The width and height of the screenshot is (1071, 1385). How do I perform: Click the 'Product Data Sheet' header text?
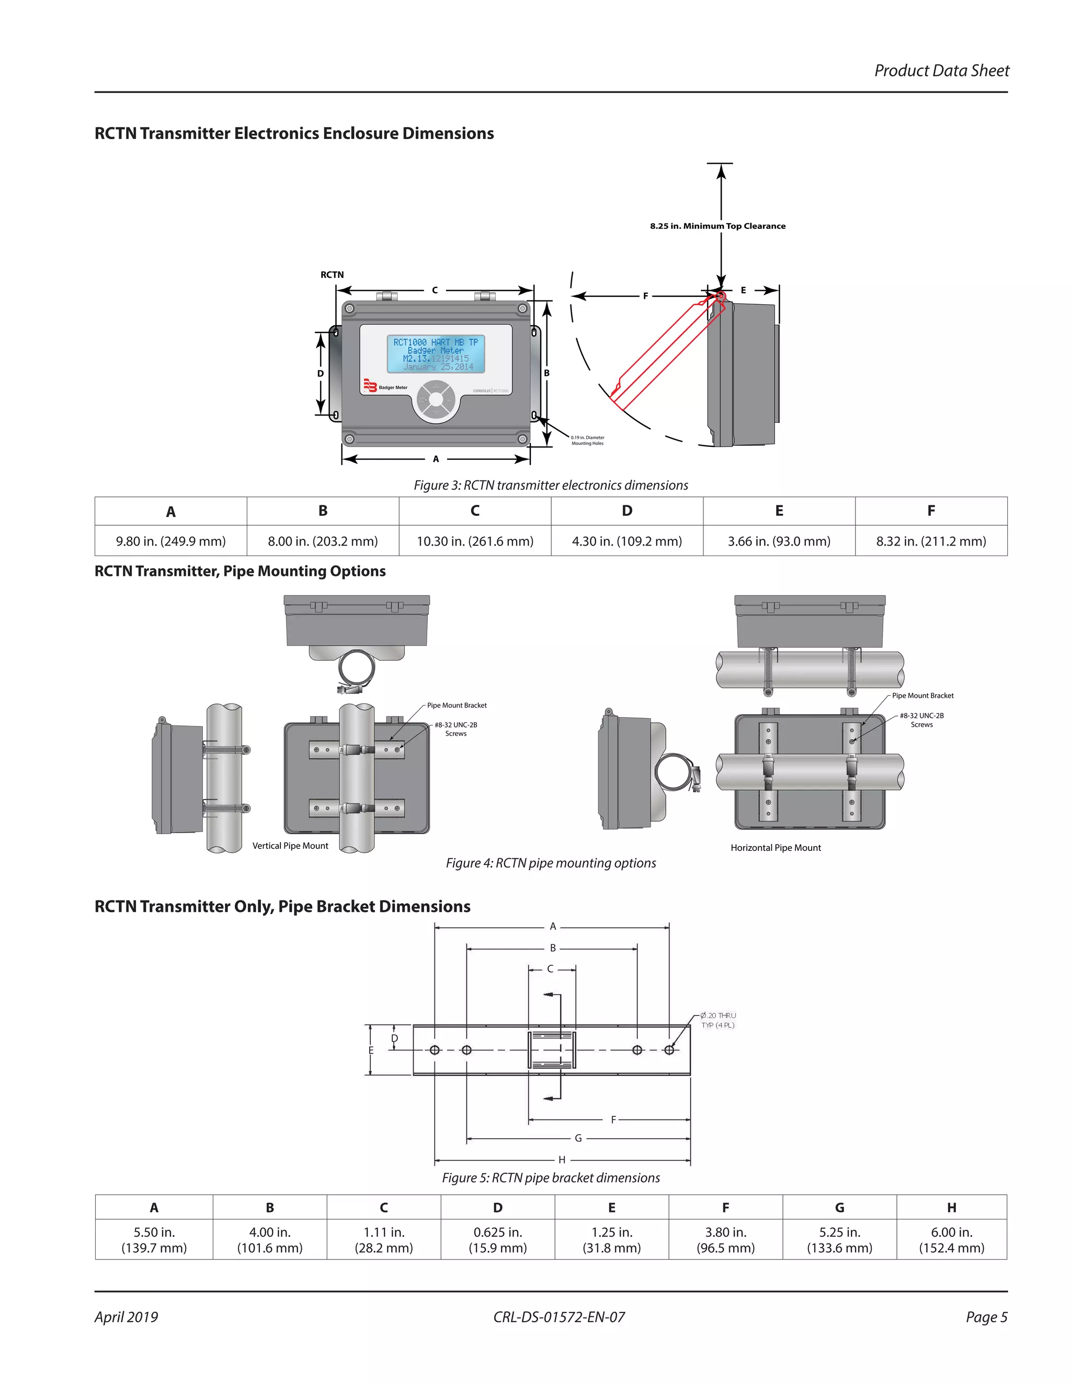pos(941,71)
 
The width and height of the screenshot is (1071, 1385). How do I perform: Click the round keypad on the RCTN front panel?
pos(435,399)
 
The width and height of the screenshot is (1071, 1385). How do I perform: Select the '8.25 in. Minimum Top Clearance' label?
pos(717,226)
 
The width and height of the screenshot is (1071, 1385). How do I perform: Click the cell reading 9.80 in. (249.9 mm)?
pos(170,541)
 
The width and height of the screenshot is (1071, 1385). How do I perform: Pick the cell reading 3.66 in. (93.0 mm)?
pos(779,541)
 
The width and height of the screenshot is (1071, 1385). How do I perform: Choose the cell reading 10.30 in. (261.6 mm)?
pos(475,541)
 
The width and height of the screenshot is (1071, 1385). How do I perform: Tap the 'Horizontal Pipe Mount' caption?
pos(776,847)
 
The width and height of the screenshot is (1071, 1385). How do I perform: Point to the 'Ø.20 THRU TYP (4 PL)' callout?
pos(717,1020)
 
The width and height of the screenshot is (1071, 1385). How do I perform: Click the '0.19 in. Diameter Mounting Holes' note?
pos(587,440)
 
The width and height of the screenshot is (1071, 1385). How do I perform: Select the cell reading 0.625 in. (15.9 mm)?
pos(497,1240)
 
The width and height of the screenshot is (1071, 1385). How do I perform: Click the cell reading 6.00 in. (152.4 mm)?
pos(951,1240)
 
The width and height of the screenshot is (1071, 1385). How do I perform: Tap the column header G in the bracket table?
pos(839,1207)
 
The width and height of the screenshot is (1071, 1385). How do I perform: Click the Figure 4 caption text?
pos(551,862)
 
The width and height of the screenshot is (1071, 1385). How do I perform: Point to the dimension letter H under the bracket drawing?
pos(562,1160)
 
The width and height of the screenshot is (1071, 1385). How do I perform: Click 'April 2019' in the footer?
pos(126,1317)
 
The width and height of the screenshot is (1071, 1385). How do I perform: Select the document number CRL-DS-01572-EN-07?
pos(559,1317)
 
